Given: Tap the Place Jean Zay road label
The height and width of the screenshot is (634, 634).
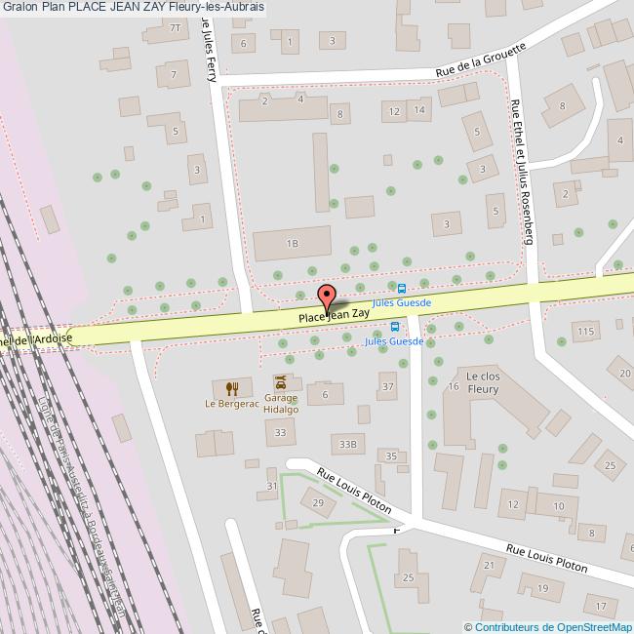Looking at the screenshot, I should tap(334, 315).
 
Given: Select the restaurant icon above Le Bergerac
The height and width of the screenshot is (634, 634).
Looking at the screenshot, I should tap(231, 387).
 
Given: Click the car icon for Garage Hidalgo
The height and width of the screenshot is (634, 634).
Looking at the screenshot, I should tap(281, 381).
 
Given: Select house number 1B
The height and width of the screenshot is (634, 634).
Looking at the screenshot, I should tap(291, 242).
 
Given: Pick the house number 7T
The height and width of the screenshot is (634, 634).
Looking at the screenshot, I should tap(176, 28).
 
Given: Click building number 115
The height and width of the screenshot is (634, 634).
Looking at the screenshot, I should tap(584, 333).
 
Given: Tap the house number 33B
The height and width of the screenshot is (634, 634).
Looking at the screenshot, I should tap(348, 444).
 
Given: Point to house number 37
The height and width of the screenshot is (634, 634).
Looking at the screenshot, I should tap(387, 387).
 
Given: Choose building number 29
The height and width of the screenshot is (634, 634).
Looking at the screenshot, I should tap(317, 501).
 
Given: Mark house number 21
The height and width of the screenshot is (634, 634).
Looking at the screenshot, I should tap(488, 565).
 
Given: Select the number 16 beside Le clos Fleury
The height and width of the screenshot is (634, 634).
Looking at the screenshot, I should tap(453, 387).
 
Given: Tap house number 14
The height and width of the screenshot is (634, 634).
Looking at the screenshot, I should tap(418, 111).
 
